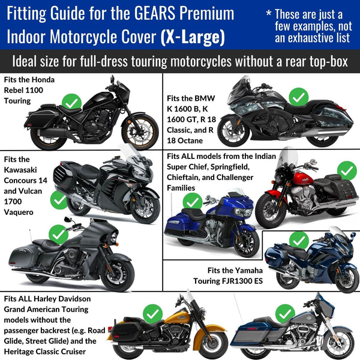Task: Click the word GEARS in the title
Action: [155, 13]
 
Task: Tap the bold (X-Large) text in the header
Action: [193, 37]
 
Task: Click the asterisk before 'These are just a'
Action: [269, 12]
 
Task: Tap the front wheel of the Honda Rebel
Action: [140, 131]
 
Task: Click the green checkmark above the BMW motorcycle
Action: [298, 97]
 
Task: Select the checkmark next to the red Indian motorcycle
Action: [347, 171]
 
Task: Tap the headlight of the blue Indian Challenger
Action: [244, 212]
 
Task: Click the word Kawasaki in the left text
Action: [20, 170]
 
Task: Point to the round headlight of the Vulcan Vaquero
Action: [113, 238]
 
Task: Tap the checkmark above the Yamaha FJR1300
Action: [299, 241]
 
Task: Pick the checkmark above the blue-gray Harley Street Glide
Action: [285, 314]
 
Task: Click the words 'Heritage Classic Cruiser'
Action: [45, 352]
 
